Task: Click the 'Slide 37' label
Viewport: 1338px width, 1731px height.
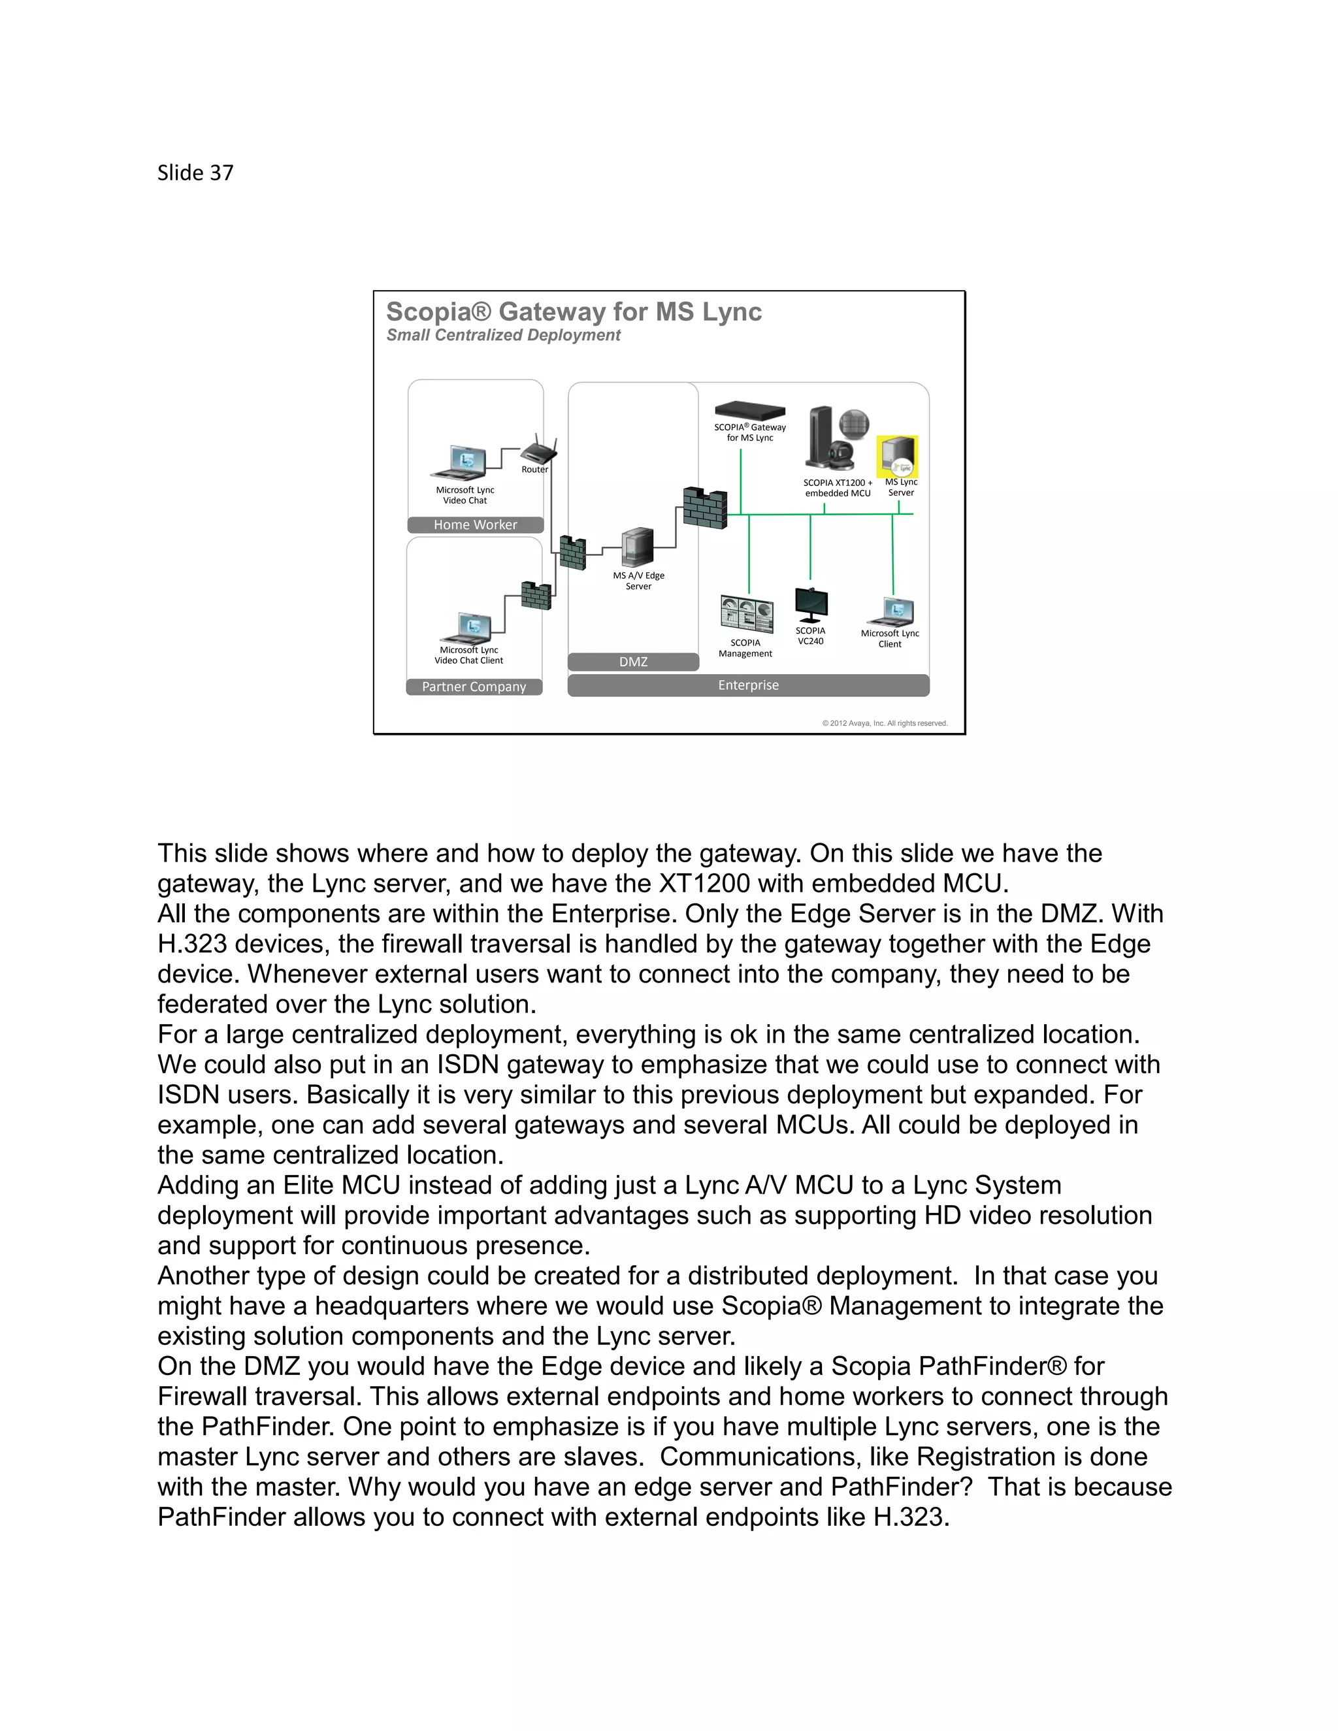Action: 195,173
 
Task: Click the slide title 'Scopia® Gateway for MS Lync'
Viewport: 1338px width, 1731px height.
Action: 573,312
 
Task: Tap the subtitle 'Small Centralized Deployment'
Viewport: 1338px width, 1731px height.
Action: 502,335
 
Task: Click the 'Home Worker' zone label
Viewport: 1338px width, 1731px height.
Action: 475,525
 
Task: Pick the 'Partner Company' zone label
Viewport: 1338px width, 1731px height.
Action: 474,687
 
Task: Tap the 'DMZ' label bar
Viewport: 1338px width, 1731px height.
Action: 633,662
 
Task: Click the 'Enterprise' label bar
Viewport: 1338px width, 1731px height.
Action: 748,685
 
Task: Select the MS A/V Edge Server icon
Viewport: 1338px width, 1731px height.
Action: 638,547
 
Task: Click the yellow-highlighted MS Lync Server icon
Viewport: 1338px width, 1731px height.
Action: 897,457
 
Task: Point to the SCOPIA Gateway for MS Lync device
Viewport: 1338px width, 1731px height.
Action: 750,412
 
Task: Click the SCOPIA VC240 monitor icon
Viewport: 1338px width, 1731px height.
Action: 811,606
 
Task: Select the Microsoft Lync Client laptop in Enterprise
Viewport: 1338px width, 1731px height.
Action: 892,612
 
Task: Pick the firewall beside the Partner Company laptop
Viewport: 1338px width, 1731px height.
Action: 536,596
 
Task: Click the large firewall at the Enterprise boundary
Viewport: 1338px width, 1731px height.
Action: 705,508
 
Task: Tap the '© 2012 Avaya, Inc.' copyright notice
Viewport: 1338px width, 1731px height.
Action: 885,723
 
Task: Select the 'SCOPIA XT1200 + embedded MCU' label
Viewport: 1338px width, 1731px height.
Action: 838,487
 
